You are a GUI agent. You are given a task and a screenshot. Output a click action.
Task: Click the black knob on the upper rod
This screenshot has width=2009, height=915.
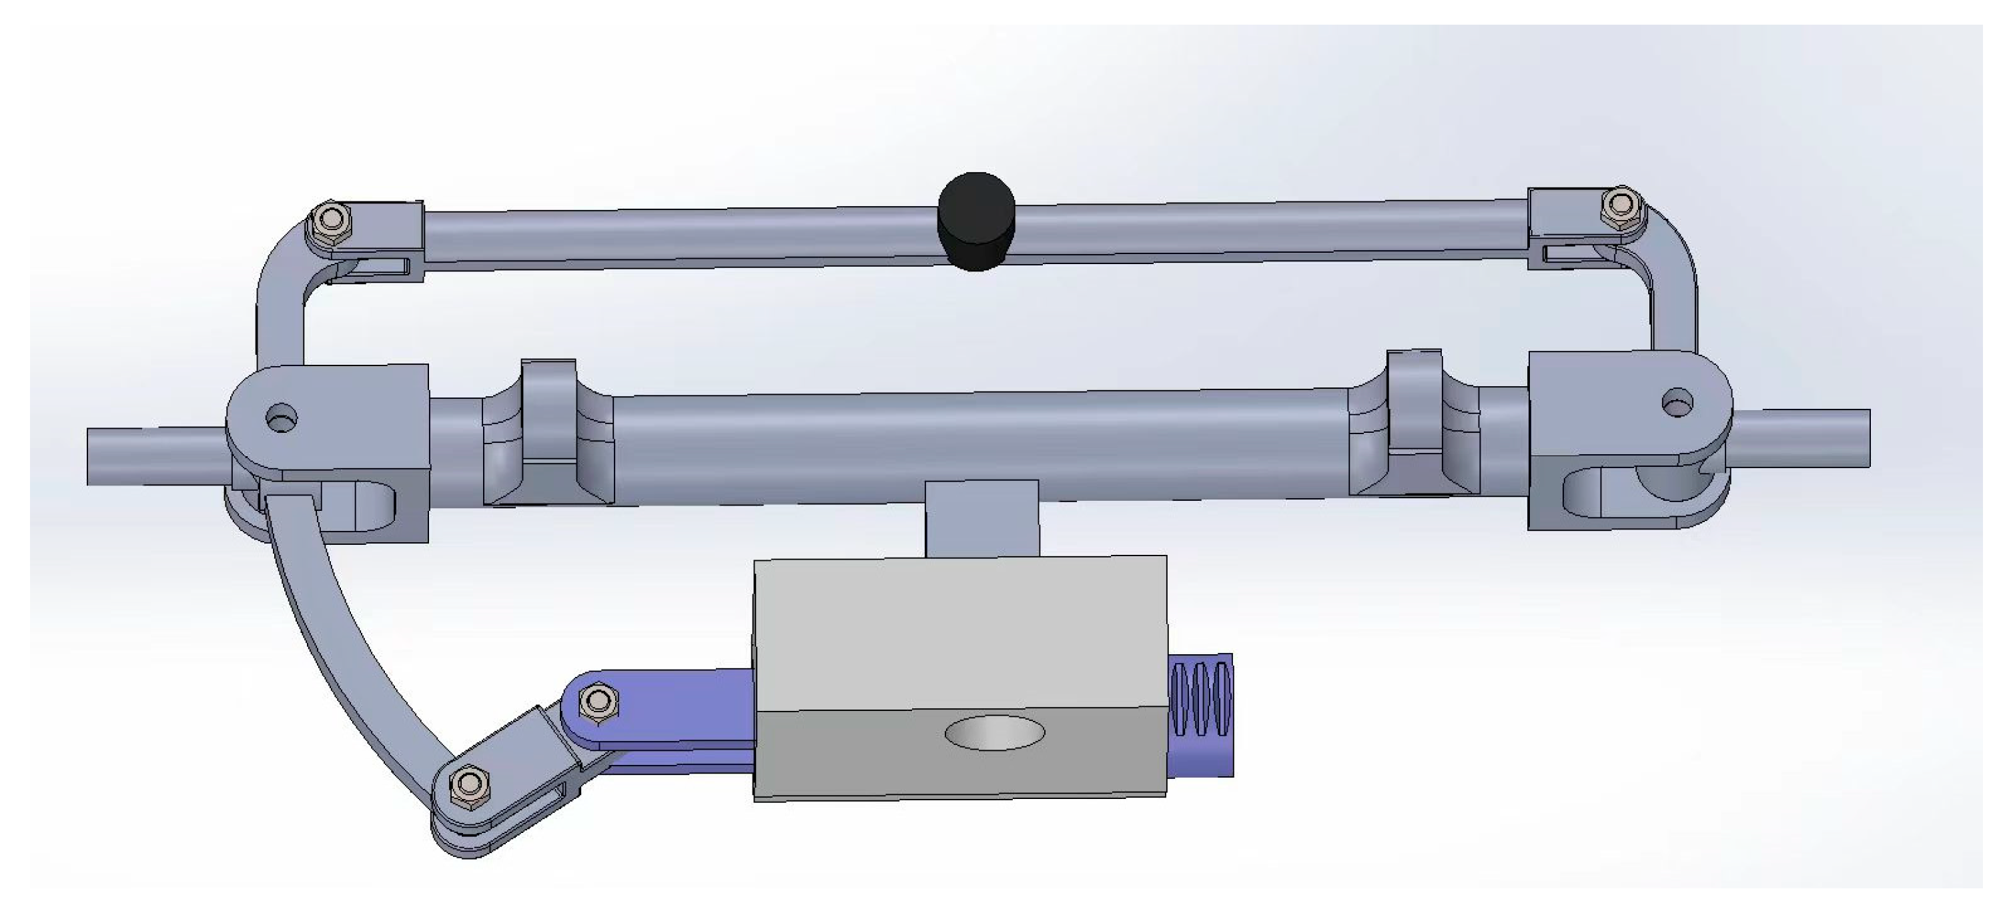976,221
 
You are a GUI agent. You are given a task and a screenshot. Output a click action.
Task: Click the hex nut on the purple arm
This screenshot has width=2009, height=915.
599,703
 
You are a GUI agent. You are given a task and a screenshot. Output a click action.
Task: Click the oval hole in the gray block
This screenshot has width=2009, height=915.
994,733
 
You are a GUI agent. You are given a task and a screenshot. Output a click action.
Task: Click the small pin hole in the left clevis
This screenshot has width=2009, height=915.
282,417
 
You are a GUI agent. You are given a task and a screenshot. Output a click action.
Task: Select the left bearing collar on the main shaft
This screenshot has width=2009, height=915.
548,433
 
